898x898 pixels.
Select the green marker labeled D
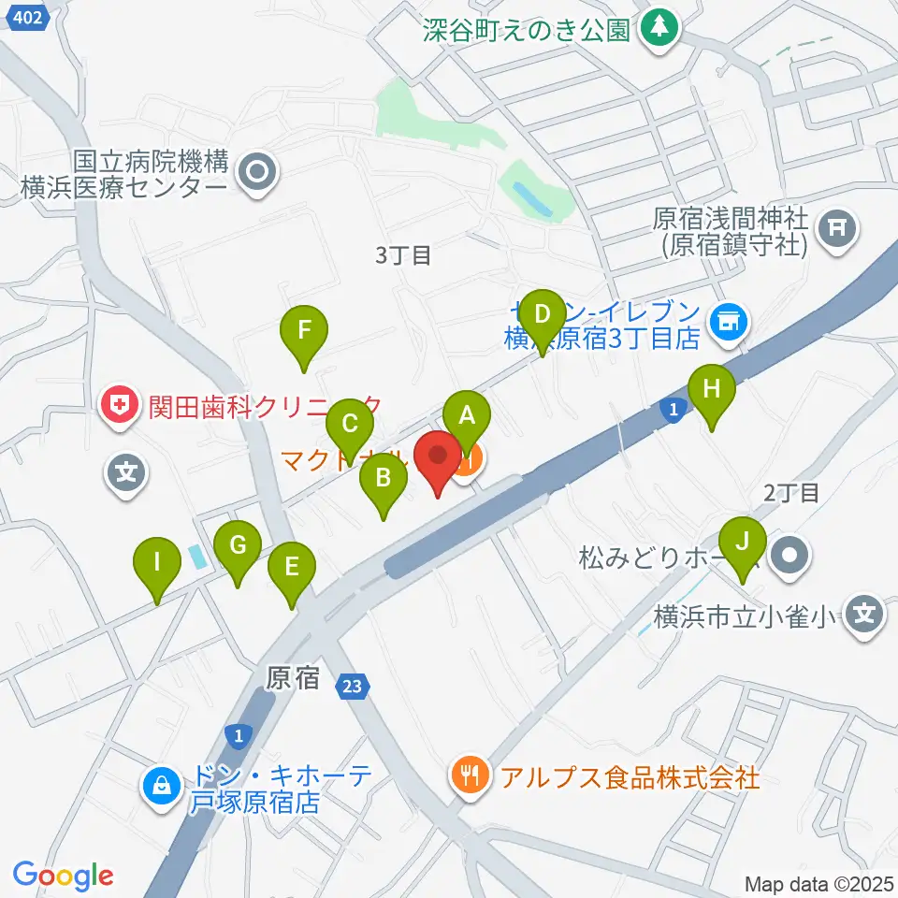pos(542,314)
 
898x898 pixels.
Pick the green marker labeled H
pos(712,387)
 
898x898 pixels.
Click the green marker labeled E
pos(292,568)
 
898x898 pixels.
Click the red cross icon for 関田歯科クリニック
pos(120,405)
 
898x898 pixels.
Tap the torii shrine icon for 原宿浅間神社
pos(837,230)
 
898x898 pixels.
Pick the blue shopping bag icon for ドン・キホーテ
pos(162,785)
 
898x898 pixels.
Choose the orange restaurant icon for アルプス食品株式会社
pos(467,775)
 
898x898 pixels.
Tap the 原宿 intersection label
pos(293,679)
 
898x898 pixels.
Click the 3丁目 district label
pos(403,254)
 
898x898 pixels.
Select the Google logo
pos(64,876)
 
